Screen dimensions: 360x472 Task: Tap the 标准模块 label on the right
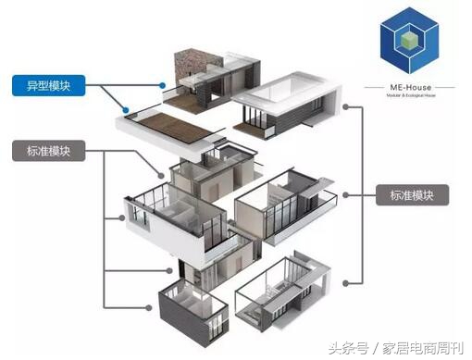click(x=413, y=195)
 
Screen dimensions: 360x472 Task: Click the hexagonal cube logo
click(x=414, y=43)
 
